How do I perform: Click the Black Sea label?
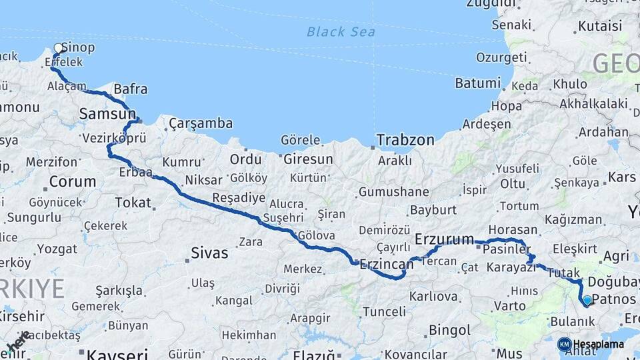pyautogui.click(x=341, y=31)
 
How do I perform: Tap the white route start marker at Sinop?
pyautogui.click(x=59, y=48)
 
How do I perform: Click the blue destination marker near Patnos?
pyautogui.click(x=587, y=301)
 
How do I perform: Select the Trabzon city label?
pyautogui.click(x=405, y=140)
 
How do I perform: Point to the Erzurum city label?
pyautogui.click(x=444, y=239)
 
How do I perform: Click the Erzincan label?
pyautogui.click(x=387, y=264)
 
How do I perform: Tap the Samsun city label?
pyautogui.click(x=107, y=114)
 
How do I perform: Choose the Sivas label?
pyautogui.click(x=209, y=253)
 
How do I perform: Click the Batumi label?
pyautogui.click(x=477, y=83)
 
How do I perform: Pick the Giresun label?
pyautogui.click(x=308, y=159)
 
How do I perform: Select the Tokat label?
pyautogui.click(x=133, y=202)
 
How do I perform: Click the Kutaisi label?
pyautogui.click(x=600, y=27)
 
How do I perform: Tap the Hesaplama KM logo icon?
pyautogui.click(x=564, y=344)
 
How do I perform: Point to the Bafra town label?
pyautogui.click(x=131, y=89)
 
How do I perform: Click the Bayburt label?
pyautogui.click(x=433, y=209)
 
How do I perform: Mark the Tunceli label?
pyautogui.click(x=384, y=311)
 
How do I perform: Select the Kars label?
pyautogui.click(x=622, y=178)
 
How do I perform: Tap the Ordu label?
pyautogui.click(x=245, y=159)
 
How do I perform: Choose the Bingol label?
pyautogui.click(x=450, y=329)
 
